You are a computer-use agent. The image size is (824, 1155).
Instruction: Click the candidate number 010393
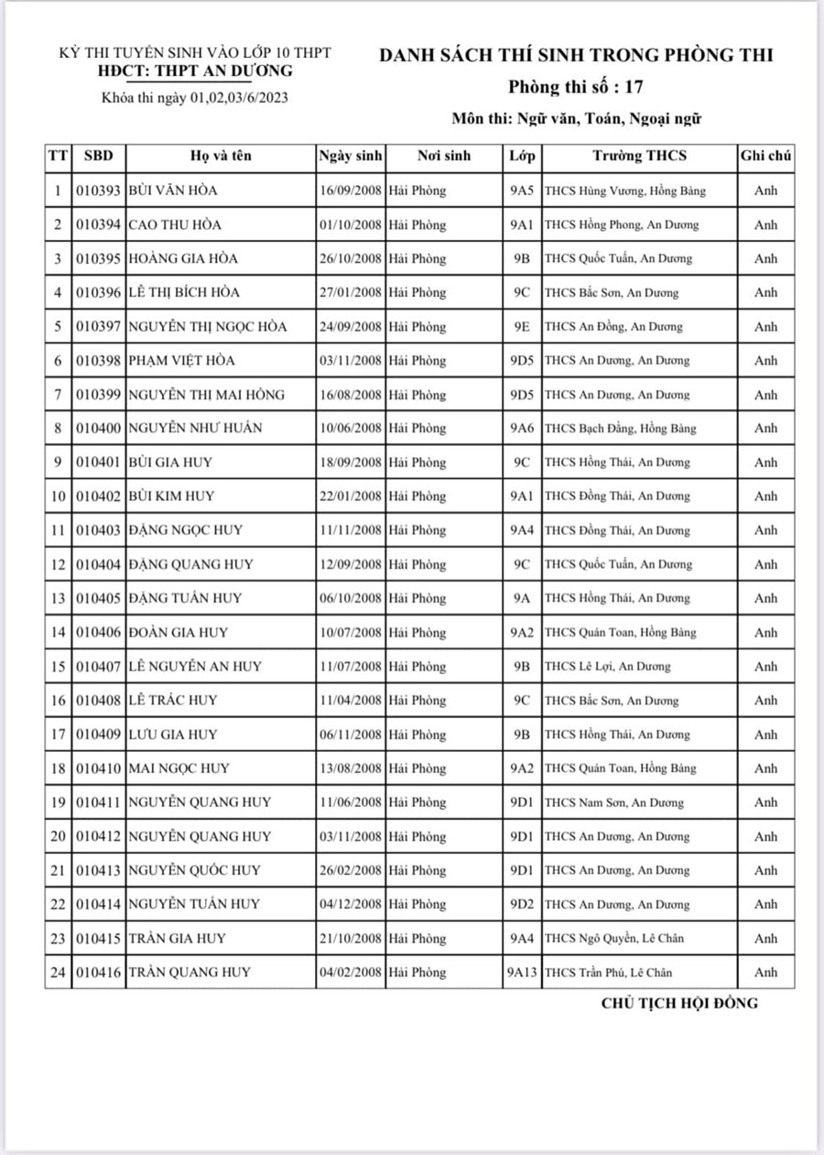click(x=98, y=191)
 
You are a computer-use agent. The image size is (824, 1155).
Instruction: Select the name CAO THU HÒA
click(x=175, y=224)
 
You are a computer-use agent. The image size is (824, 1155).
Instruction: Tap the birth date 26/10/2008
click(x=351, y=258)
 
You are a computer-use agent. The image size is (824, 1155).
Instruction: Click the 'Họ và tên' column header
click(x=221, y=156)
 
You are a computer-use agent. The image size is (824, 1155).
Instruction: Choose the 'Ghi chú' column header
click(x=765, y=156)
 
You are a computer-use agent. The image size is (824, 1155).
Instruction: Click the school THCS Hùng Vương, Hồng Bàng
click(x=625, y=191)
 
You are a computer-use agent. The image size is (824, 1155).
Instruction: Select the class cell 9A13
click(x=522, y=972)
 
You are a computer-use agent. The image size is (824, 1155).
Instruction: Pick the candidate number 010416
click(x=98, y=972)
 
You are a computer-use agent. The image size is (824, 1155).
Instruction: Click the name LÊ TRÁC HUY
click(x=173, y=700)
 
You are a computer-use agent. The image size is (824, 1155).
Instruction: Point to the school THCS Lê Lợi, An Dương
click(x=608, y=666)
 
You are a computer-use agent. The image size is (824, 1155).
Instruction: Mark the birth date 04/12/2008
click(x=351, y=904)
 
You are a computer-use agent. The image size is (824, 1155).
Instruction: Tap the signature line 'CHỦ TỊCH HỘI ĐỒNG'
click(x=679, y=1002)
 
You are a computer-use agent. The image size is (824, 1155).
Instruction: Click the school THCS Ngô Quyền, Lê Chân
click(x=614, y=938)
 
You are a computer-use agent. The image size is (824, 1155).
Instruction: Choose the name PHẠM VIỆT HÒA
click(x=183, y=360)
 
